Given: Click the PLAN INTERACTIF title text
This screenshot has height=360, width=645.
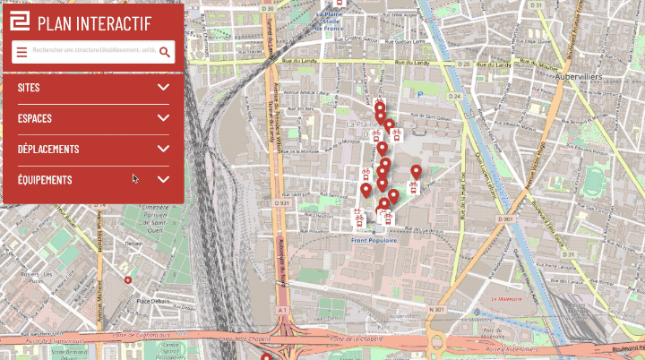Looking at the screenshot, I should [x=95, y=24].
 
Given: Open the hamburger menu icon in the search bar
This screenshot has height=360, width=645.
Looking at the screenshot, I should [x=21, y=52].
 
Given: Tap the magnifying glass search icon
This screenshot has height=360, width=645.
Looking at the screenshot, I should [x=165, y=52].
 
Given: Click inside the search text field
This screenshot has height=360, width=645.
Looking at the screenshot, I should [x=93, y=52].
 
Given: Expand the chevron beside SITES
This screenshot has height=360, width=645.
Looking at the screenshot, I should [x=163, y=87].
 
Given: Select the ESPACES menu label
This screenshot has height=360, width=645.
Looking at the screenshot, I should [x=35, y=118].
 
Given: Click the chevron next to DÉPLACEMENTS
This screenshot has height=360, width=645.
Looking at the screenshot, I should [x=163, y=149].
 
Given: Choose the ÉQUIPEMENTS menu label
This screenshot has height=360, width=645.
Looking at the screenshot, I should [x=45, y=180].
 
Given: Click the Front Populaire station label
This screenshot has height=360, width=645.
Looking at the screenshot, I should [x=374, y=240].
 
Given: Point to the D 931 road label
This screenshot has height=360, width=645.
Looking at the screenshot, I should [x=284, y=203].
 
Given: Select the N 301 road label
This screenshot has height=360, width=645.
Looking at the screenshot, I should [x=437, y=310].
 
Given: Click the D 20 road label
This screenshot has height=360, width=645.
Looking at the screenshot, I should [x=465, y=65].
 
